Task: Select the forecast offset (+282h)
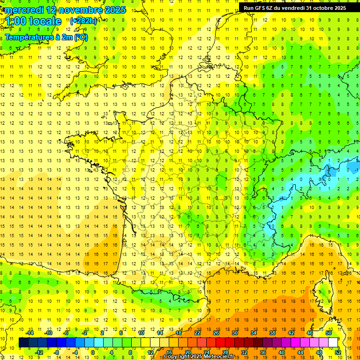(83, 21)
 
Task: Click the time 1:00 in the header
(15, 21)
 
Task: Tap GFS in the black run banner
(262, 8)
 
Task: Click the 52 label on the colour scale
(337, 352)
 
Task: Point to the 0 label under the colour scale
(92, 352)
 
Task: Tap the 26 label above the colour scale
(216, 333)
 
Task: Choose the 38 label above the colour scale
(272, 333)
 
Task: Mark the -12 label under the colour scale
(39, 352)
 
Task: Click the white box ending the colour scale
(333, 342)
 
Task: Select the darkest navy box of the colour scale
(23, 342)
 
